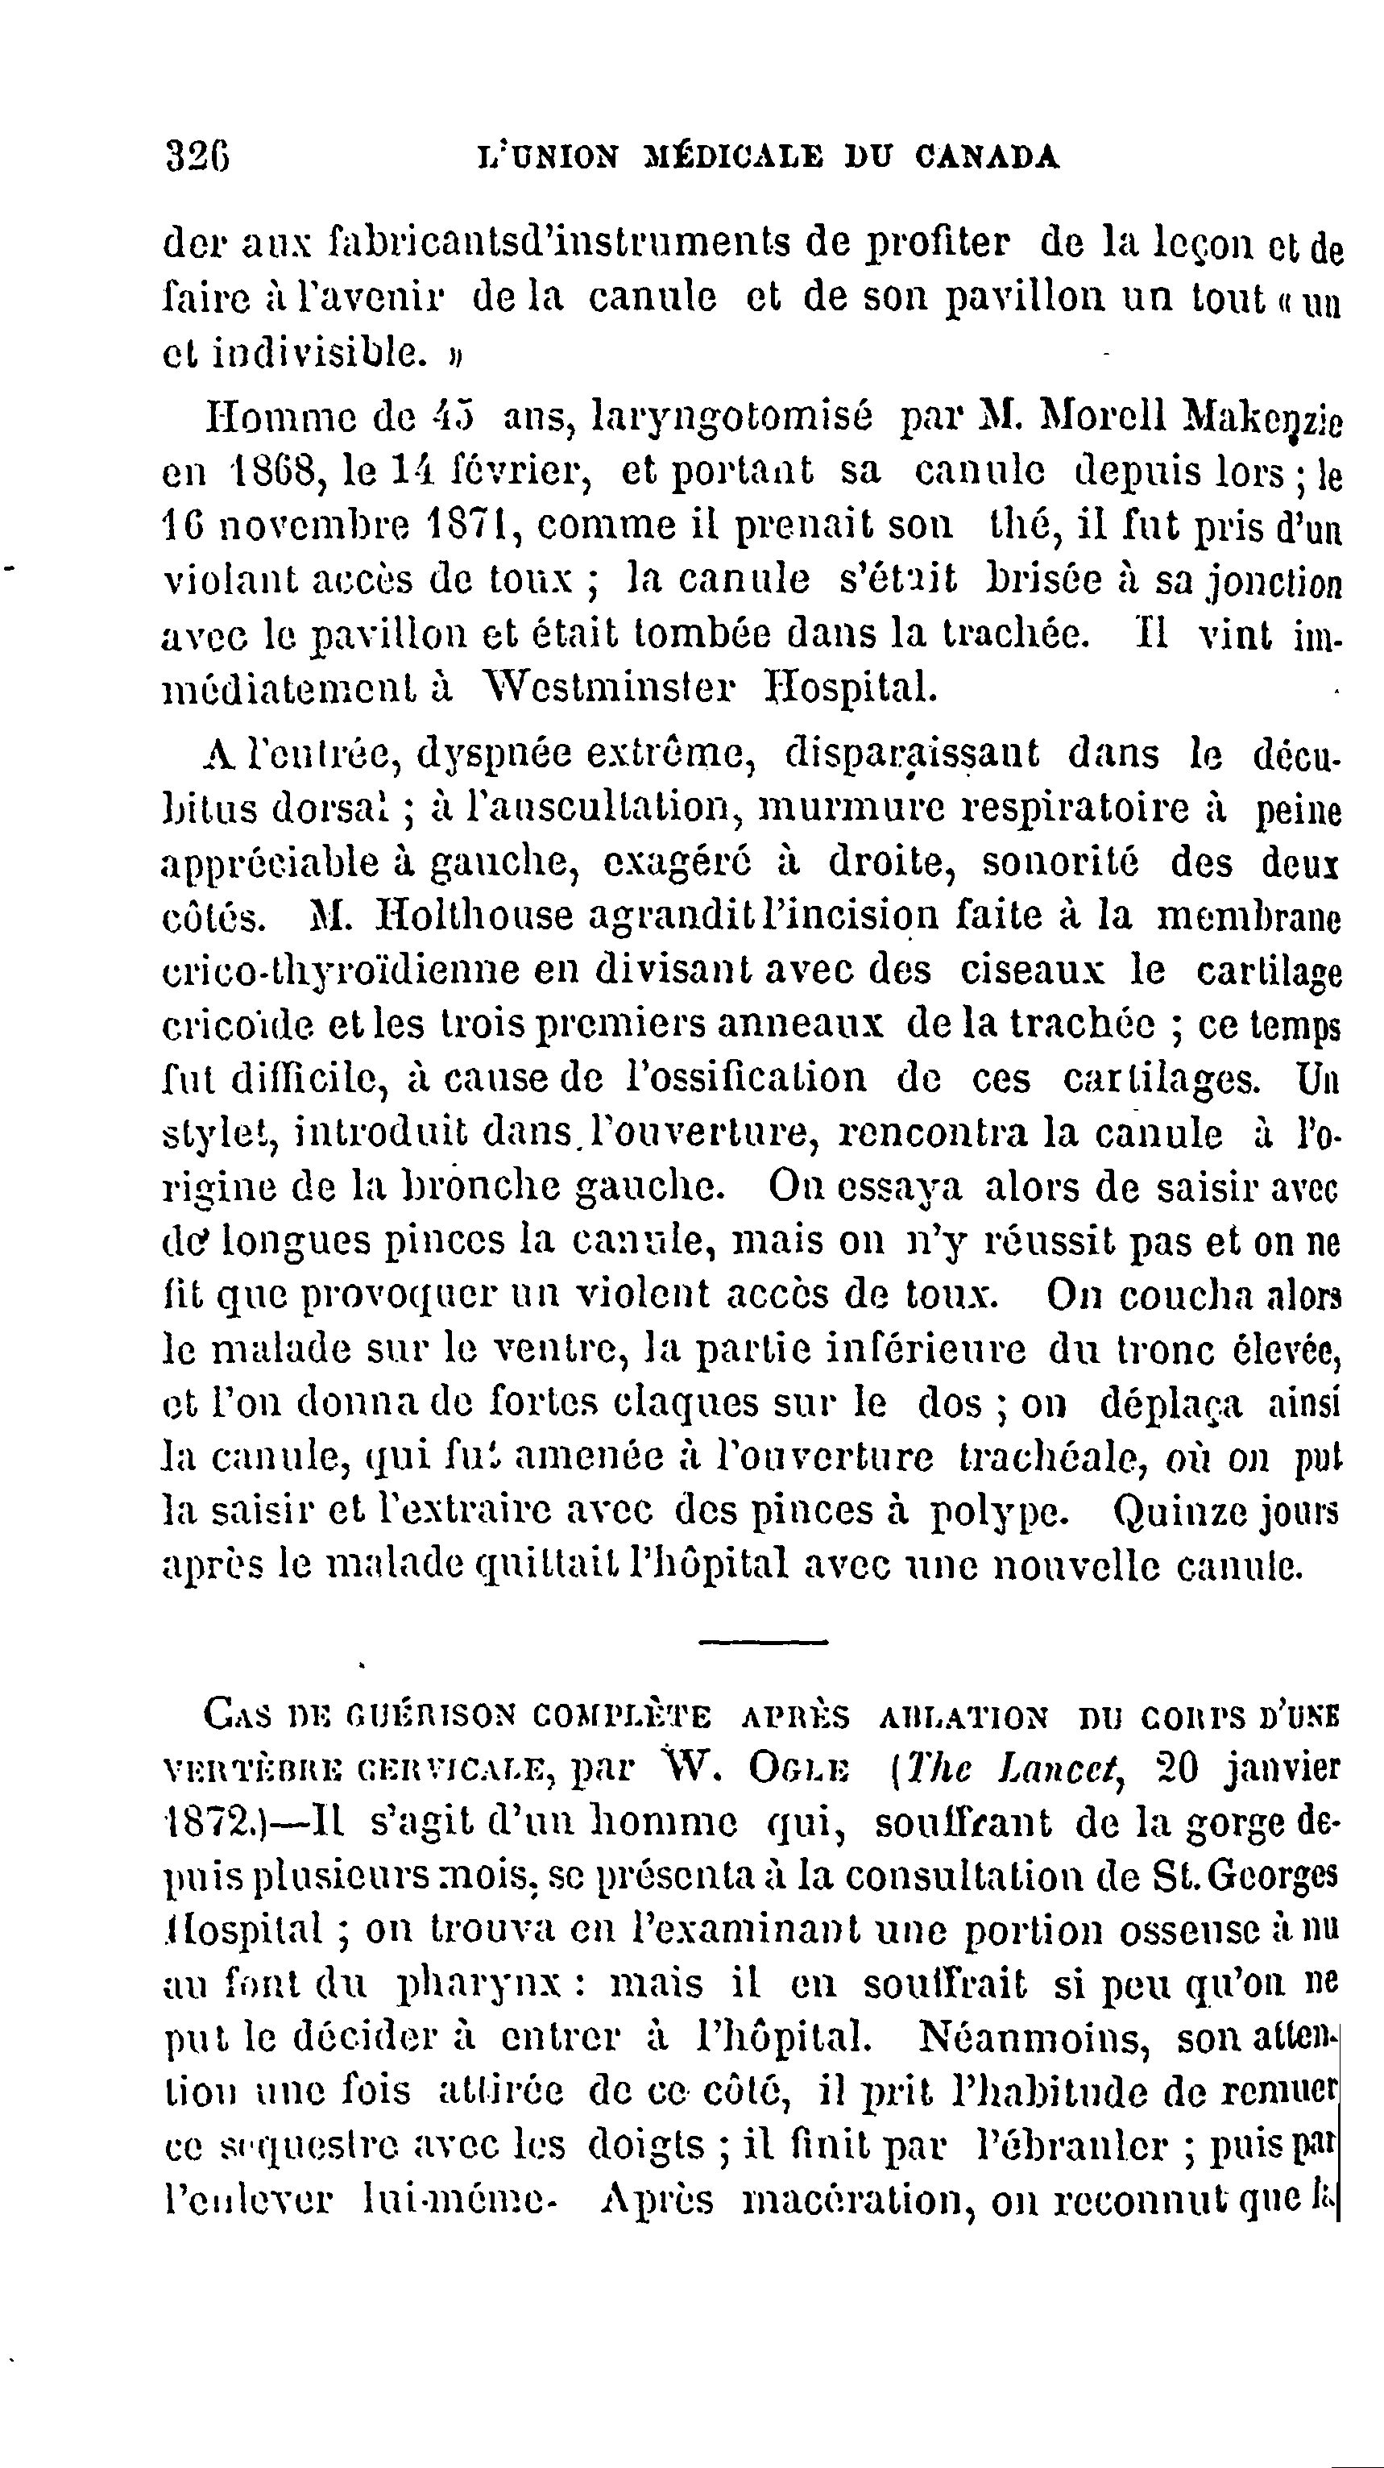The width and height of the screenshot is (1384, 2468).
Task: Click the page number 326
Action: point(197,156)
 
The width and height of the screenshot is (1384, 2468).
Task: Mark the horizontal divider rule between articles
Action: point(762,1643)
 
